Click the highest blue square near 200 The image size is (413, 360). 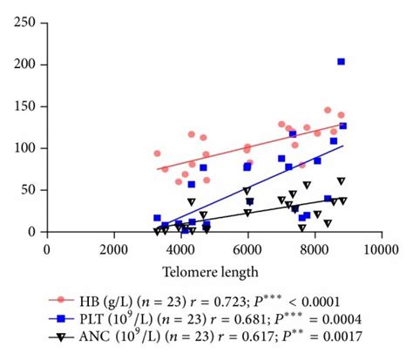click(x=341, y=62)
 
